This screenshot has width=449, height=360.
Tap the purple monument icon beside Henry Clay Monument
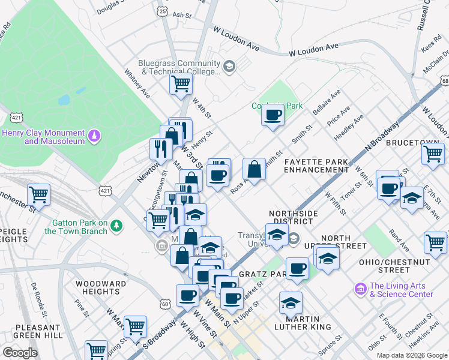click(x=94, y=137)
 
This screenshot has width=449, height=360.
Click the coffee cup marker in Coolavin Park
click(x=273, y=114)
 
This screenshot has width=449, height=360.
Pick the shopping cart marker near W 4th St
click(x=181, y=84)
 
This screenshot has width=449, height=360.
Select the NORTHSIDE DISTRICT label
click(x=292, y=217)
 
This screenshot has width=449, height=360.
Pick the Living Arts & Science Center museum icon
click(x=360, y=289)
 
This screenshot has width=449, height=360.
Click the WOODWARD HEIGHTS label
click(x=100, y=287)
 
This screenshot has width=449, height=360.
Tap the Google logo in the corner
click(x=20, y=352)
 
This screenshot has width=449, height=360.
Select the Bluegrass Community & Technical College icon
click(x=228, y=65)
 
